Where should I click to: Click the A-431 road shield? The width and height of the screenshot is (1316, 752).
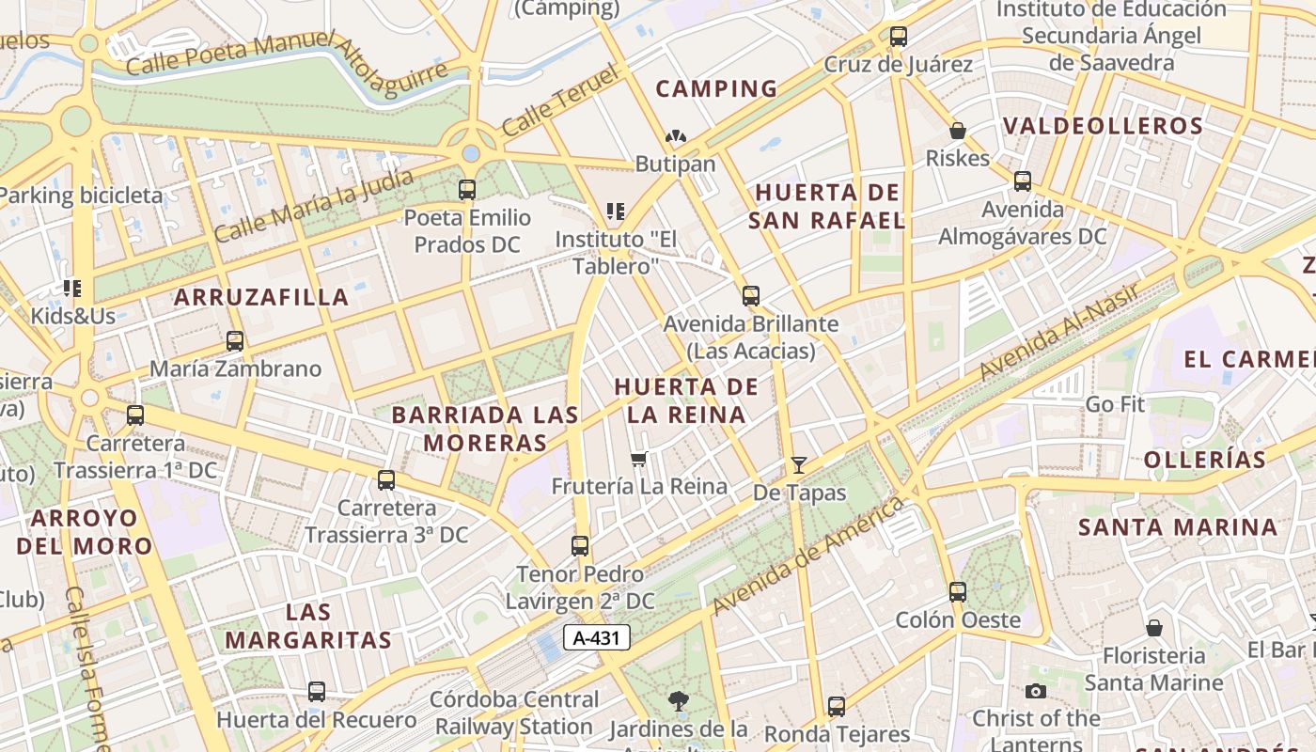(596, 637)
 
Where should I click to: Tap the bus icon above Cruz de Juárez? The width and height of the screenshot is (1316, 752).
(899, 37)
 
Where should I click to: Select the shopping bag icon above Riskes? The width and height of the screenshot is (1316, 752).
(958, 131)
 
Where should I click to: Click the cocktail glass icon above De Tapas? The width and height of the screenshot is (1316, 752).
(799, 464)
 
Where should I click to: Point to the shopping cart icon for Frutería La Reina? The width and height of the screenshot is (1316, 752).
(639, 459)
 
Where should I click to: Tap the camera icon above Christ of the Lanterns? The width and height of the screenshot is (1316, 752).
(1036, 691)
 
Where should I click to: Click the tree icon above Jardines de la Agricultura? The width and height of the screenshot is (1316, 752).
(678, 700)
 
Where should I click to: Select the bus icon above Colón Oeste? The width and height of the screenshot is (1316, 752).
(958, 592)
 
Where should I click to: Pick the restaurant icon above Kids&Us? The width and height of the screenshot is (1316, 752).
(72, 288)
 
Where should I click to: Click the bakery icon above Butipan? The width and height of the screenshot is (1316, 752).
(675, 136)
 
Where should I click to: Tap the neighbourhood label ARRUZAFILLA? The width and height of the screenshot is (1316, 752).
(261, 298)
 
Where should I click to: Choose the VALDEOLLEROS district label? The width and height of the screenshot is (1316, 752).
(1102, 126)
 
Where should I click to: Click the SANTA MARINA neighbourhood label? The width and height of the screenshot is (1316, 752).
(1177, 527)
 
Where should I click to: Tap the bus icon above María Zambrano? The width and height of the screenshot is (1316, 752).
(235, 340)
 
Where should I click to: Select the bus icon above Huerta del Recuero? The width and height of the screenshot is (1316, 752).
(317, 692)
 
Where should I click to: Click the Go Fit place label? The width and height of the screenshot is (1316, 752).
(1115, 404)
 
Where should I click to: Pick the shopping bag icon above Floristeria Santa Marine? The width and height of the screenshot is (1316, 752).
(1154, 627)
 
